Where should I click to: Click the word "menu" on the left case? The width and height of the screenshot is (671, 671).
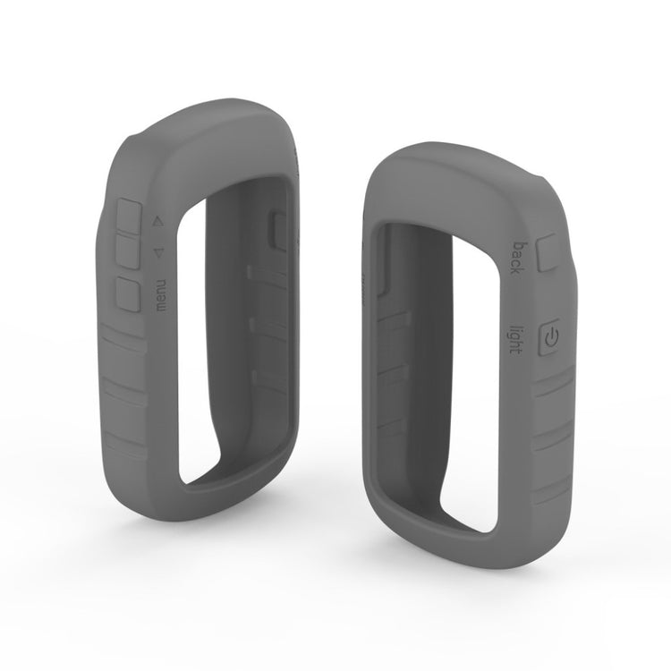point(161,295)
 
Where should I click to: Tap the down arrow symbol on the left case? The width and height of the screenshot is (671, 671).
point(158,253)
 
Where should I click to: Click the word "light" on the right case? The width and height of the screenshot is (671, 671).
point(516,339)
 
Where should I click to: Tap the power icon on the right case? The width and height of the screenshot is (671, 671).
point(551,338)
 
